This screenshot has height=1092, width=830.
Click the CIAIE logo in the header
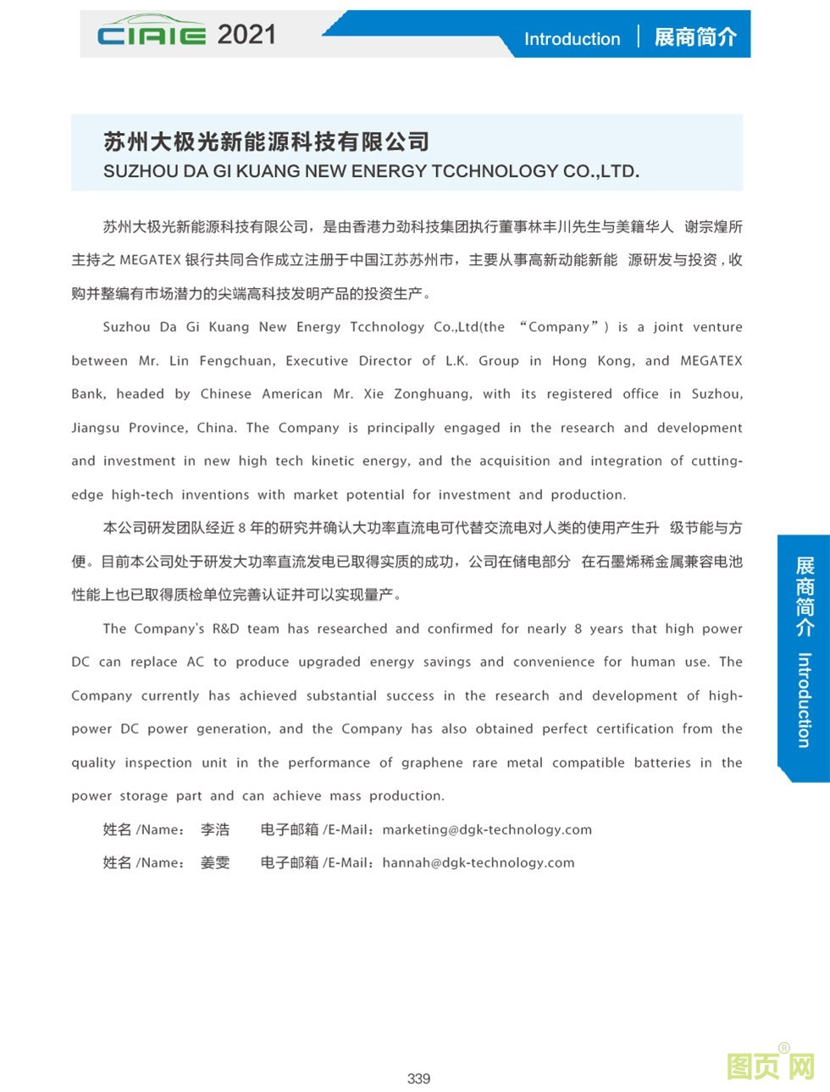pos(151,33)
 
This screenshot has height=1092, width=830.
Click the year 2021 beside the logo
pos(246,35)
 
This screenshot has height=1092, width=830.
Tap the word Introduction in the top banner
pos(572,39)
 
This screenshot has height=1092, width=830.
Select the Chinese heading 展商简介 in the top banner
pos(695,37)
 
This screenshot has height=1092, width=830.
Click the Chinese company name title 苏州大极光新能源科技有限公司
pos(266,141)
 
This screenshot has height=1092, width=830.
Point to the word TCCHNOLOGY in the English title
pos(495,171)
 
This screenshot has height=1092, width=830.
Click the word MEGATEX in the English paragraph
pos(711,361)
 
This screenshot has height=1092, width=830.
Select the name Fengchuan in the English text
pos(236,361)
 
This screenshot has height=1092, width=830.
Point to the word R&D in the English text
pos(225,629)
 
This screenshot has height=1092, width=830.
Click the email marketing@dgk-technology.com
pos(487,829)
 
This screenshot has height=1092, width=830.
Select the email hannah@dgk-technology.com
pos(478,862)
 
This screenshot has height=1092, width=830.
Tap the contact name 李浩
pos(215,829)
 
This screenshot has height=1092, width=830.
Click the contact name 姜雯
pos(215,862)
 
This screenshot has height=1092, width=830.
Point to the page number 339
pos(418,1078)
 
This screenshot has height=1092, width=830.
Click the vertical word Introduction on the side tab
pos(804,700)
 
